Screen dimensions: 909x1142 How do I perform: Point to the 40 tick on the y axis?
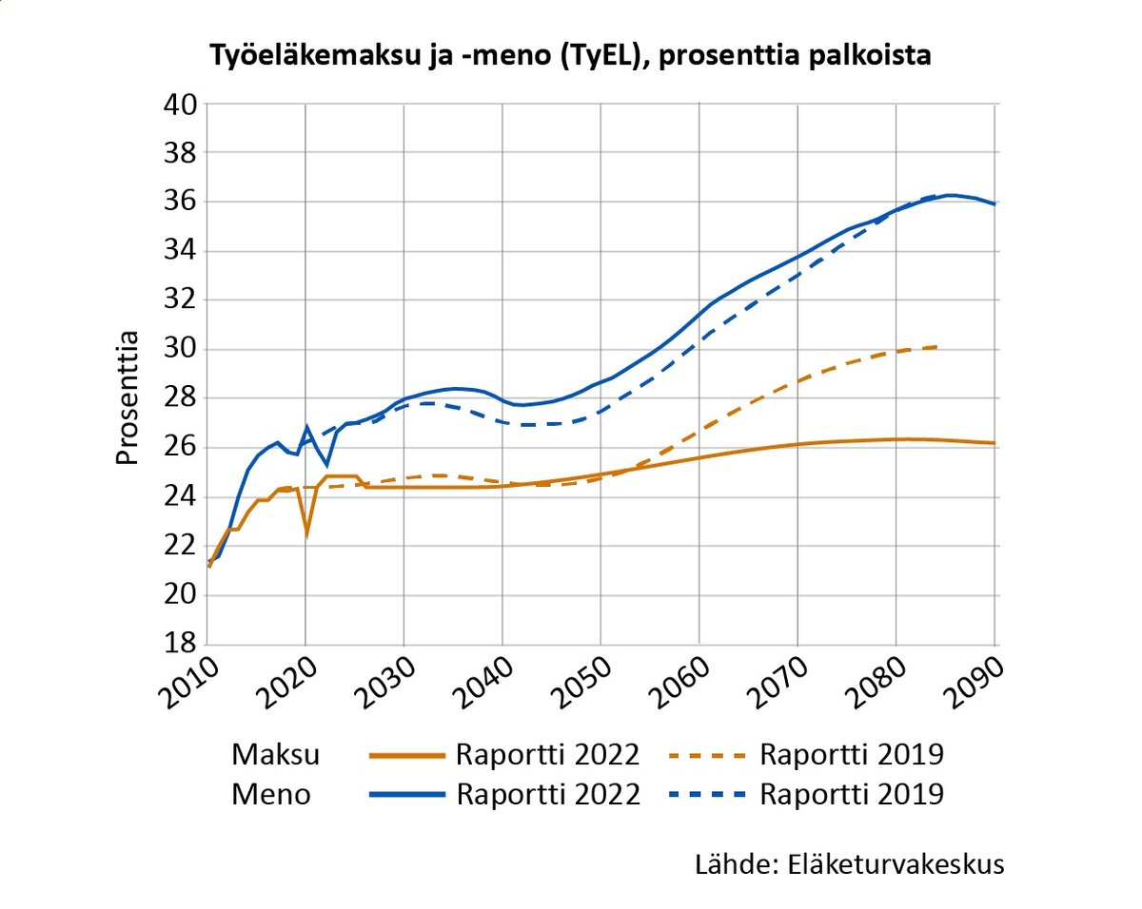click(x=178, y=104)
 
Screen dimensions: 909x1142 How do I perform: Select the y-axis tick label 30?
click(x=178, y=349)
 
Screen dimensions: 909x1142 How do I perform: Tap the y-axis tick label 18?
click(x=178, y=644)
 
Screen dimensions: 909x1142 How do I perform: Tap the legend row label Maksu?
click(x=276, y=755)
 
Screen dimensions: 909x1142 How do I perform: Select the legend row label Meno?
click(x=271, y=794)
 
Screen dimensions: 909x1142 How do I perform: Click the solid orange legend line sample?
click(x=406, y=756)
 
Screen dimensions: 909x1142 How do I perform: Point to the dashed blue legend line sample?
click(x=710, y=794)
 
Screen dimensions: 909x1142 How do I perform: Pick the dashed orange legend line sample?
click(x=710, y=756)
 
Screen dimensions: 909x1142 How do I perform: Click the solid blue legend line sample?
click(x=406, y=794)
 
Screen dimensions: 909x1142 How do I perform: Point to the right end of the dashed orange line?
click(x=939, y=347)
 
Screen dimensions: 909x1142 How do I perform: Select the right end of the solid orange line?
click(x=995, y=443)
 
